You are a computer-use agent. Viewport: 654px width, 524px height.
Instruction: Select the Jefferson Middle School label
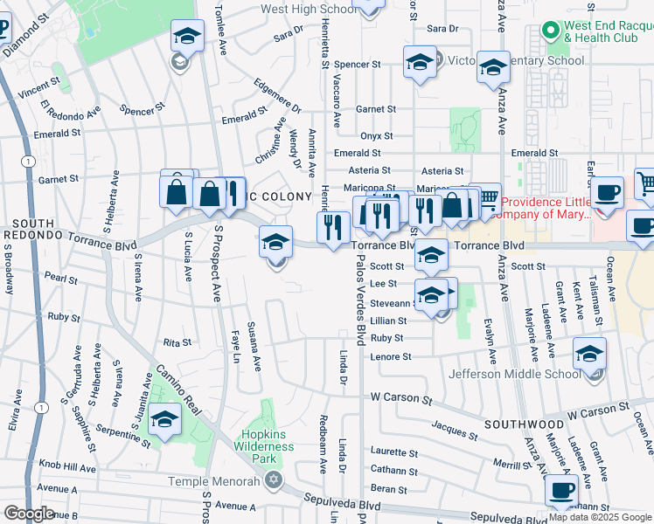515,374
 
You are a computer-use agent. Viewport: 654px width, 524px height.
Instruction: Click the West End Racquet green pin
551,31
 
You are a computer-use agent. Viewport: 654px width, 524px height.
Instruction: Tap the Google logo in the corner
28,514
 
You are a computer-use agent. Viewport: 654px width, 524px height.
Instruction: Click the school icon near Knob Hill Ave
163,420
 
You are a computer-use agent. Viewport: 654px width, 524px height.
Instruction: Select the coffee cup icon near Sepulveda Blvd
561,490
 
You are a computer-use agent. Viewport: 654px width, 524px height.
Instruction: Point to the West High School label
310,10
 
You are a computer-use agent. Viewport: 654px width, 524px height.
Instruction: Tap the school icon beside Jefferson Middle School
590,355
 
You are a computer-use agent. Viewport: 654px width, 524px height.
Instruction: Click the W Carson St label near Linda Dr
401,397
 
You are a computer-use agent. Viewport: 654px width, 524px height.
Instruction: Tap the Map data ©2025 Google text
600,517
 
